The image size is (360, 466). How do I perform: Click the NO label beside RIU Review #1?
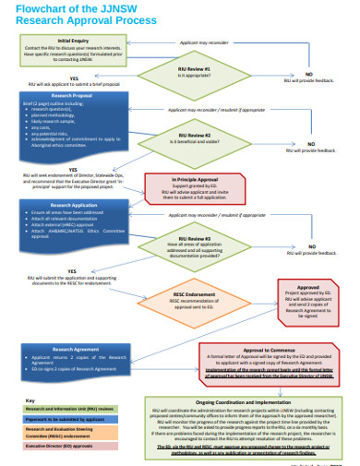click(x=307, y=73)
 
